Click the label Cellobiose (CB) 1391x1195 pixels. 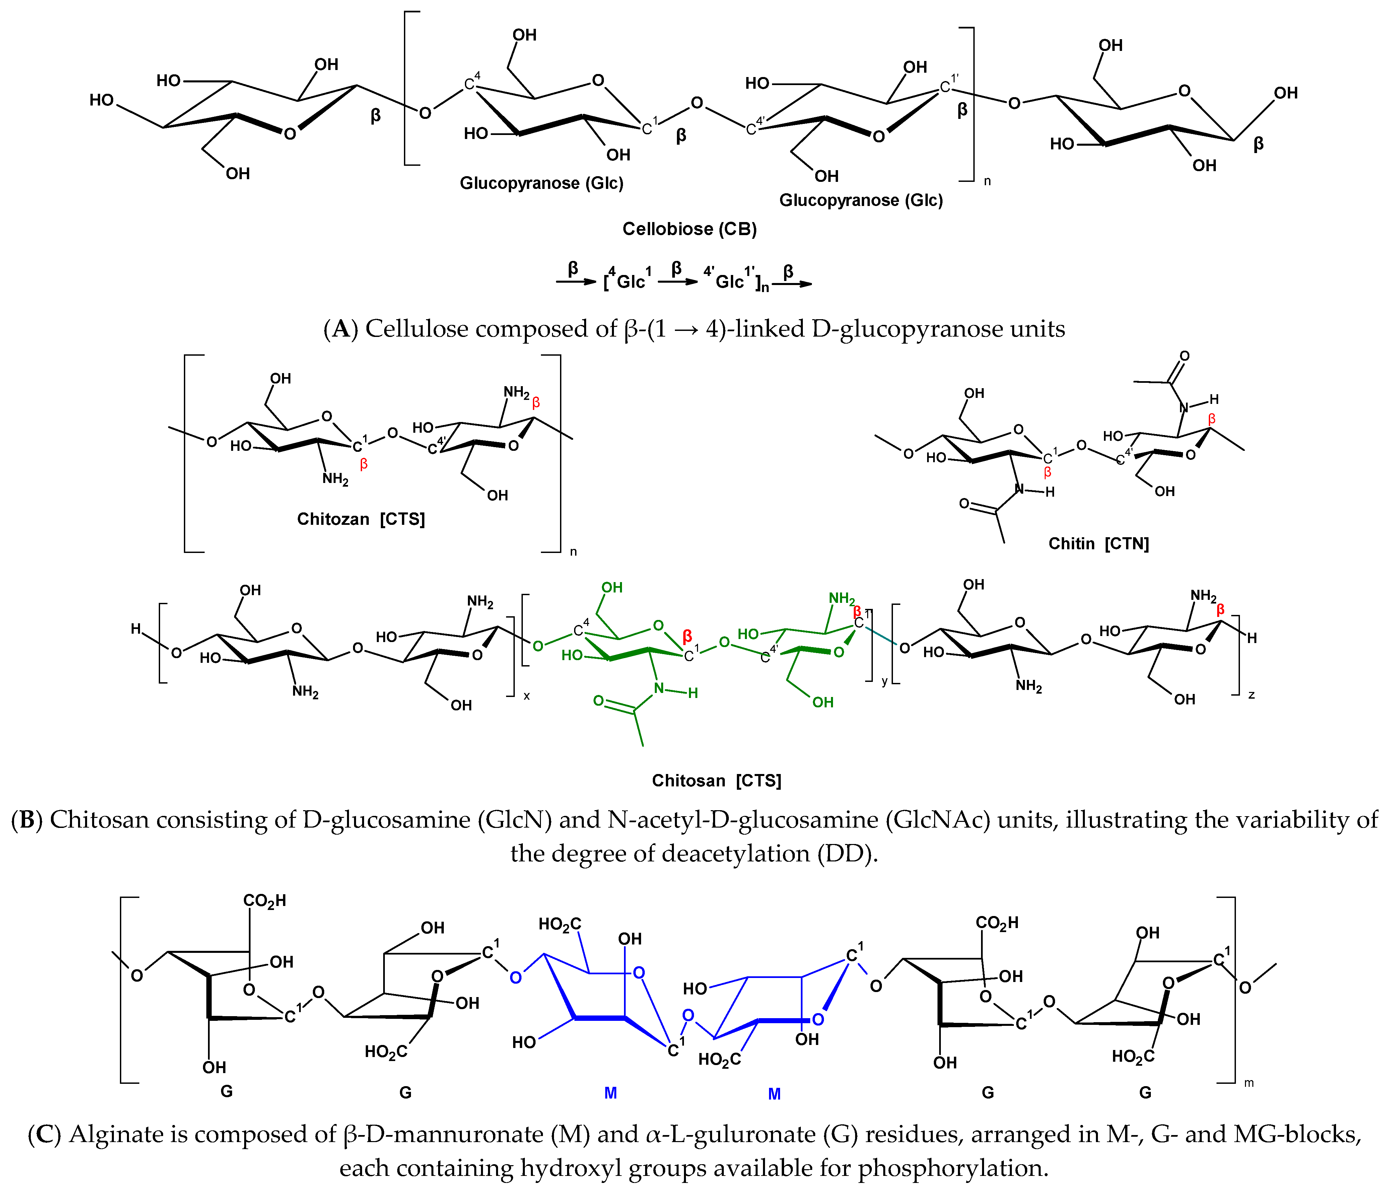pyautogui.click(x=689, y=229)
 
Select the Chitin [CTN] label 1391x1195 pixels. pyautogui.click(x=1098, y=543)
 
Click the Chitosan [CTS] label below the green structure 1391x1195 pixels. pyautogui.click(x=716, y=781)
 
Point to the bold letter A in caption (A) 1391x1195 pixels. pyautogui.click(x=341, y=329)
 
